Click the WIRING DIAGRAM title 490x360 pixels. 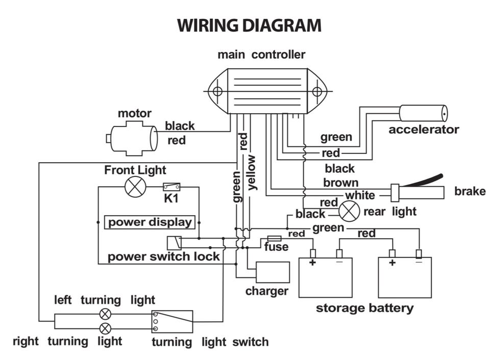coord(249,25)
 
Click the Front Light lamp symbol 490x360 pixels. coord(135,187)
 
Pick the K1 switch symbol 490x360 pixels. coord(171,187)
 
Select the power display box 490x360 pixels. coord(150,222)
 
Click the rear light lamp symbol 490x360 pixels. coord(350,210)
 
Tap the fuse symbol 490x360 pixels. coord(275,238)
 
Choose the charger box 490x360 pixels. coord(273,272)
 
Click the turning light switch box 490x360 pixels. coord(172,321)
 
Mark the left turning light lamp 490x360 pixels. coord(105,314)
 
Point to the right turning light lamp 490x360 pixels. coord(105,328)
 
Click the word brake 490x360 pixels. coord(470,192)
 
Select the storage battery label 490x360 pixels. coord(364,308)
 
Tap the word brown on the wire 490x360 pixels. coord(340,183)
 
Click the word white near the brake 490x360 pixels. coord(360,195)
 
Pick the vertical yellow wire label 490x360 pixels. coord(252,173)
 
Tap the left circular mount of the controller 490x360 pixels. coord(217,92)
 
